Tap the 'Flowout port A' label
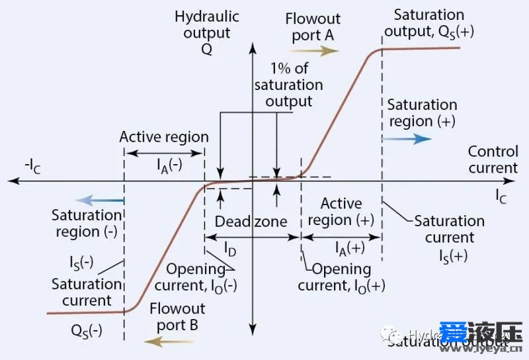tap(313, 26)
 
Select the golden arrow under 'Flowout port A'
tap(317, 52)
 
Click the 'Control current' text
tap(493, 159)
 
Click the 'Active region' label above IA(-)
tap(164, 137)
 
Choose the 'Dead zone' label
tap(251, 221)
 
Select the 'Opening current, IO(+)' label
tap(341, 277)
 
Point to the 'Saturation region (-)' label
tap(87, 224)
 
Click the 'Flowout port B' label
tap(177, 316)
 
